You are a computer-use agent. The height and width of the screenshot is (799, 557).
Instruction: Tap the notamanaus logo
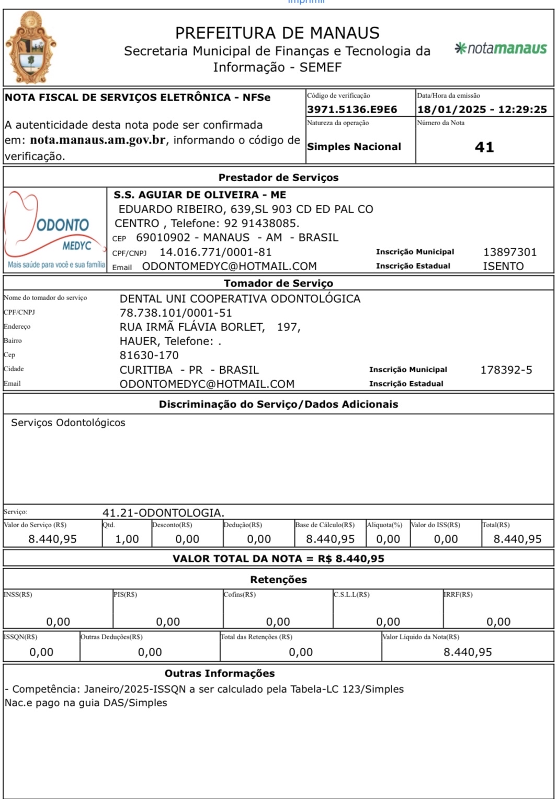(501, 49)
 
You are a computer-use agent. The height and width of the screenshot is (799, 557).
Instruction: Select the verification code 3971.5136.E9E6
(352, 109)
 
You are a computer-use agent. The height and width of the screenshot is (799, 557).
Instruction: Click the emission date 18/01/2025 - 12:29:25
(482, 109)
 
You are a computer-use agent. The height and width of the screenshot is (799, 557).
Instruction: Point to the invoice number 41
(484, 147)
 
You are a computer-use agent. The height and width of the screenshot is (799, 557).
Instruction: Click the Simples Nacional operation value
(354, 147)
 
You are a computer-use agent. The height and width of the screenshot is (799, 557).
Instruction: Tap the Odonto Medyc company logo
(55, 230)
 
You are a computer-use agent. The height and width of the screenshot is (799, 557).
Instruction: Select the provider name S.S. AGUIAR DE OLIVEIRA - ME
(200, 195)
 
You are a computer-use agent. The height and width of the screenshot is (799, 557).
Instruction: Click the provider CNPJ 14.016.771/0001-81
(215, 252)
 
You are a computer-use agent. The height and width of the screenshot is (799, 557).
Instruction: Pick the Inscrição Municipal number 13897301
(510, 252)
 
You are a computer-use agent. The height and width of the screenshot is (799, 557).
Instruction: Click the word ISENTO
(503, 266)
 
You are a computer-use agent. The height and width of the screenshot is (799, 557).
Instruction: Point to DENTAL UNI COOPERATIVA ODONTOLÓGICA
(240, 299)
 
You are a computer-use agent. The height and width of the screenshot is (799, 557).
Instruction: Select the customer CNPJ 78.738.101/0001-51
(176, 313)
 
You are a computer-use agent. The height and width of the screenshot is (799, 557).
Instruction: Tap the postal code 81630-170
(149, 355)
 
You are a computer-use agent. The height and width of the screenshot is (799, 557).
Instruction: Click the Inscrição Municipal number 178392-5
(506, 370)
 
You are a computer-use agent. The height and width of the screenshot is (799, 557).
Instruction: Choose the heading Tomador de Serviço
(278, 283)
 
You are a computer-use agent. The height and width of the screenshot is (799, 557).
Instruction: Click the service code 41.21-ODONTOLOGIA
(163, 513)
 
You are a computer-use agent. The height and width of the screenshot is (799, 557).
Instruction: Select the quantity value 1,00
(127, 539)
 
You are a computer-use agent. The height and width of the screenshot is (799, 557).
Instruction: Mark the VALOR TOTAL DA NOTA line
(278, 559)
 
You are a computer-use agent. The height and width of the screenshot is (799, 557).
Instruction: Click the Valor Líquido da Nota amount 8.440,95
(468, 652)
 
